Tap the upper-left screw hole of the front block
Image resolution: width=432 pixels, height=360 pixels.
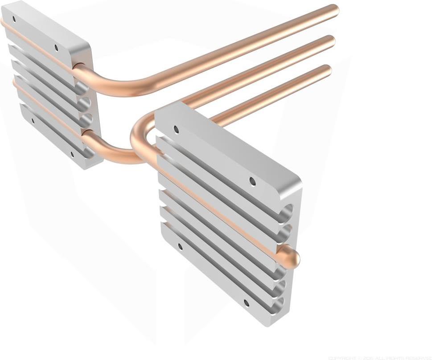coord(176,129)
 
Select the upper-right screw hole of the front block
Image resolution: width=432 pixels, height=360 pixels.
coord(252,181)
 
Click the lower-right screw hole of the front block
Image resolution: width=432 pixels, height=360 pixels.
coord(246,303)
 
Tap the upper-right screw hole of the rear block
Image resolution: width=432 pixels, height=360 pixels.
coord(56,47)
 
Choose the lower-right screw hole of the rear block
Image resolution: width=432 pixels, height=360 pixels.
coord(72,155)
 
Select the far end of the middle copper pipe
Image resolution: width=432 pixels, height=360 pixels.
coord(331,41)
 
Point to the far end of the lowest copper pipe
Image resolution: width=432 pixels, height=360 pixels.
coord(327,70)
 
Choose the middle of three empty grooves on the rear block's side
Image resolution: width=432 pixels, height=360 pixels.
coord(86,103)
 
